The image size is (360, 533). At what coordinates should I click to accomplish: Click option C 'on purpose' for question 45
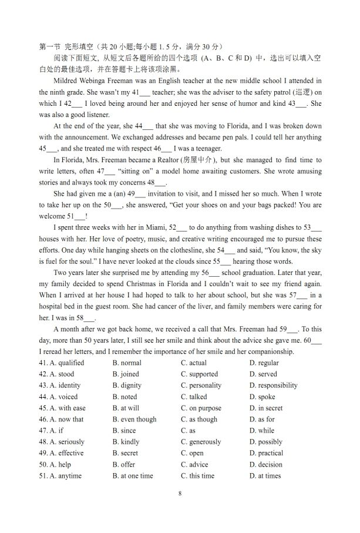(x=201, y=408)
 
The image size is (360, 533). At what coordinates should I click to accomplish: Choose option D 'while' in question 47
(x=262, y=431)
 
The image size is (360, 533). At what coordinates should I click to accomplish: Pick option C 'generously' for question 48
(x=201, y=442)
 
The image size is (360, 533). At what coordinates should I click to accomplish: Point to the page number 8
(x=180, y=494)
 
